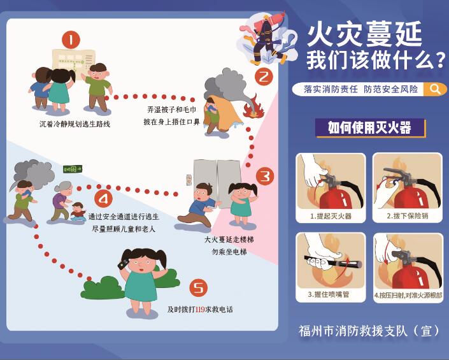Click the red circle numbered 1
point(71,40)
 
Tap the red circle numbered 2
point(264,76)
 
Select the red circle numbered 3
point(265,176)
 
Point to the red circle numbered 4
point(103,198)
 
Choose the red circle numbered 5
point(199,288)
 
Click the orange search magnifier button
point(435,89)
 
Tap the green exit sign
point(73,169)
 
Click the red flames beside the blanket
point(253,108)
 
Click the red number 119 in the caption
point(200,310)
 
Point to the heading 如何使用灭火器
point(369,127)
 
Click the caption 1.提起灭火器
point(331,216)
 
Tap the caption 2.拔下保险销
point(408,215)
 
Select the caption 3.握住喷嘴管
point(329,294)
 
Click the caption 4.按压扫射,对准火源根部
point(408,295)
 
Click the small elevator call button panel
point(189,180)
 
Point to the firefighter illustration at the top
point(266,39)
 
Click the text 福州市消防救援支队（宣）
point(369,331)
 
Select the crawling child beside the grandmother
point(78,212)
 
